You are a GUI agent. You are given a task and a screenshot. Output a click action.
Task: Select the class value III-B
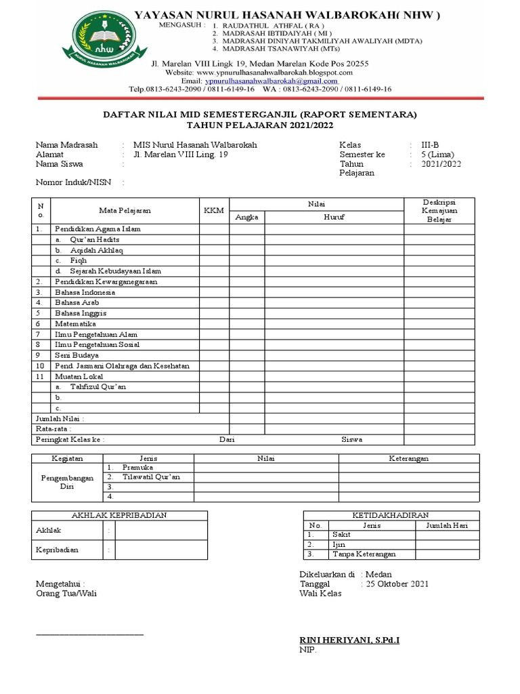point(430,145)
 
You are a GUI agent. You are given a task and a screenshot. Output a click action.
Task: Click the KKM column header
point(213,211)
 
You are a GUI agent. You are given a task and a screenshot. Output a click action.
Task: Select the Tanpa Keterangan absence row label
point(364,554)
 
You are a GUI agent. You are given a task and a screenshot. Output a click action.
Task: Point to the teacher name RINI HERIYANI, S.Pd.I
point(349,640)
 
